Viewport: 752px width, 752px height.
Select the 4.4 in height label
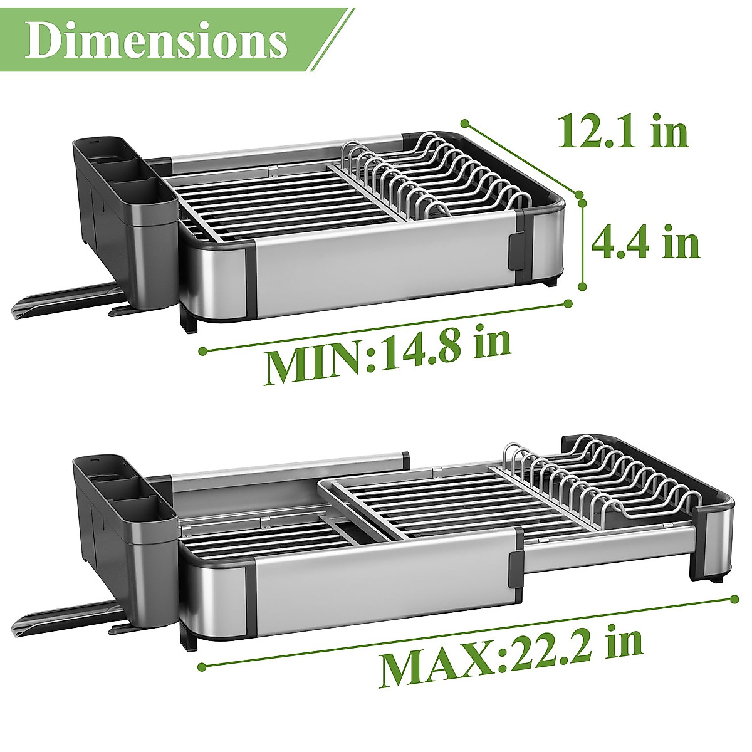tap(645, 243)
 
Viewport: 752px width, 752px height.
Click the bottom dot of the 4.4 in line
tap(582, 286)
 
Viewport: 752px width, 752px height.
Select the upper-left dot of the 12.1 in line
tap(465, 123)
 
